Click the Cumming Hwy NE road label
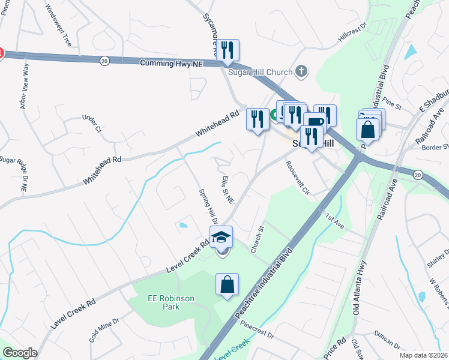click(172, 63)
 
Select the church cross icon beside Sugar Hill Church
click(302, 72)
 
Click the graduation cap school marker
click(221, 238)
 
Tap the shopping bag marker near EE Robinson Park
click(228, 285)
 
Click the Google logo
click(20, 353)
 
